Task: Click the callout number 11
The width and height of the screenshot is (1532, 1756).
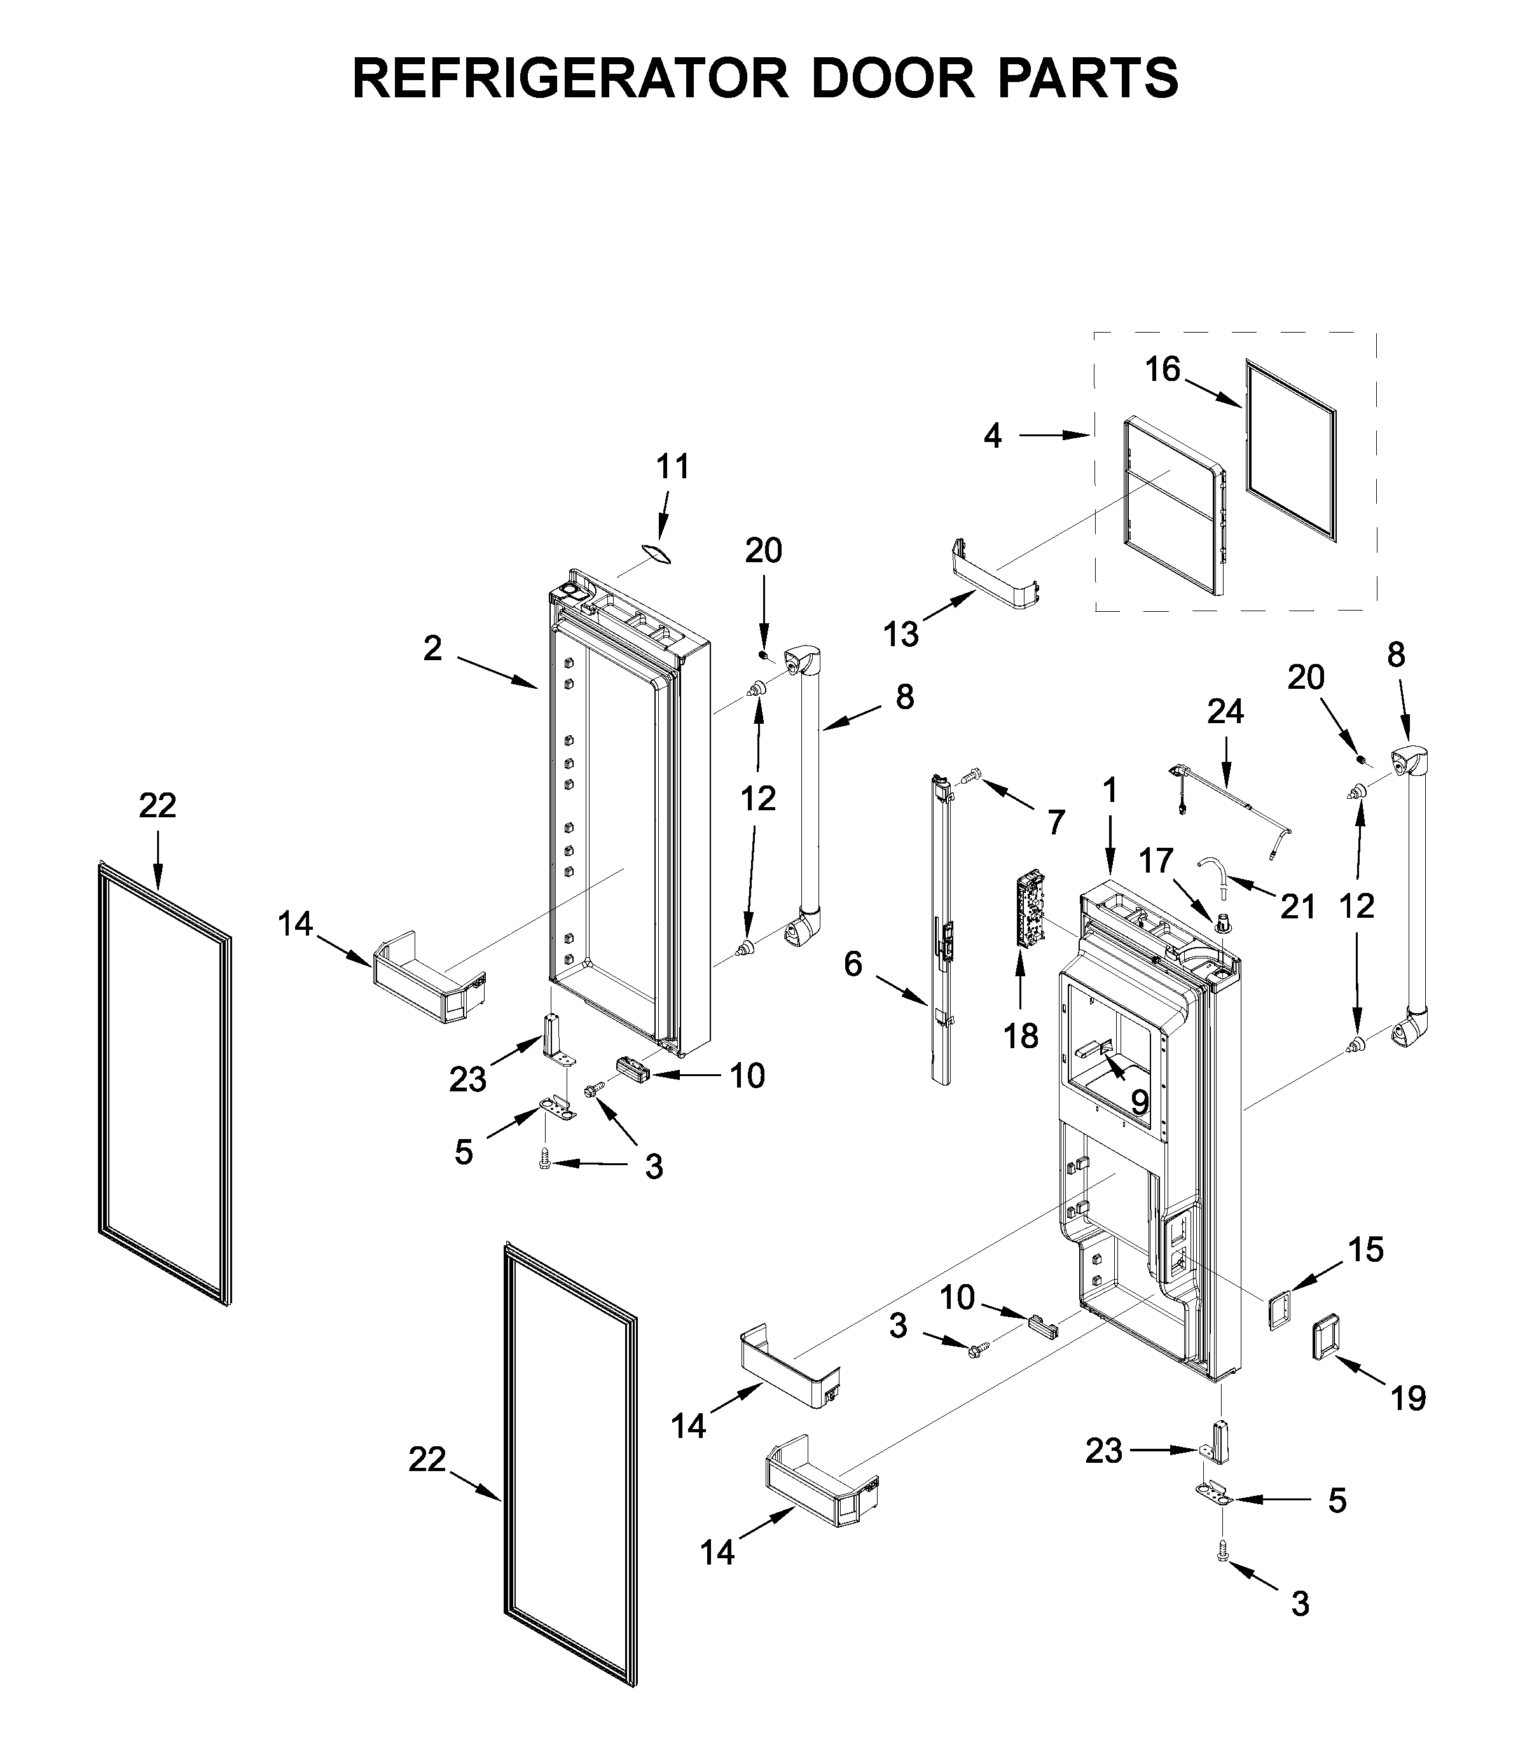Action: click(673, 467)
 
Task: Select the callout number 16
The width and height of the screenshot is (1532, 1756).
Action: click(1163, 370)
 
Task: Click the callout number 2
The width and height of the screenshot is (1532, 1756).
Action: click(432, 649)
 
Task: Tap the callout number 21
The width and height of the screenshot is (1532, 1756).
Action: click(1298, 906)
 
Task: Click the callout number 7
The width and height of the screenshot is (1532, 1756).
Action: click(1057, 822)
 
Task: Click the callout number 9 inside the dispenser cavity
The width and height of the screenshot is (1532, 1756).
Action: click(1140, 1103)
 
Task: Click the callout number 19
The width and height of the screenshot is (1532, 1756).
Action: click(1408, 1399)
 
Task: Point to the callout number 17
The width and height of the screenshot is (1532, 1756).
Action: click(1156, 861)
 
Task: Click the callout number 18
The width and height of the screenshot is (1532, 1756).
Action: click(1021, 1036)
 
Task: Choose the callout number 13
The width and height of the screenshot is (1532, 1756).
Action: click(901, 634)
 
